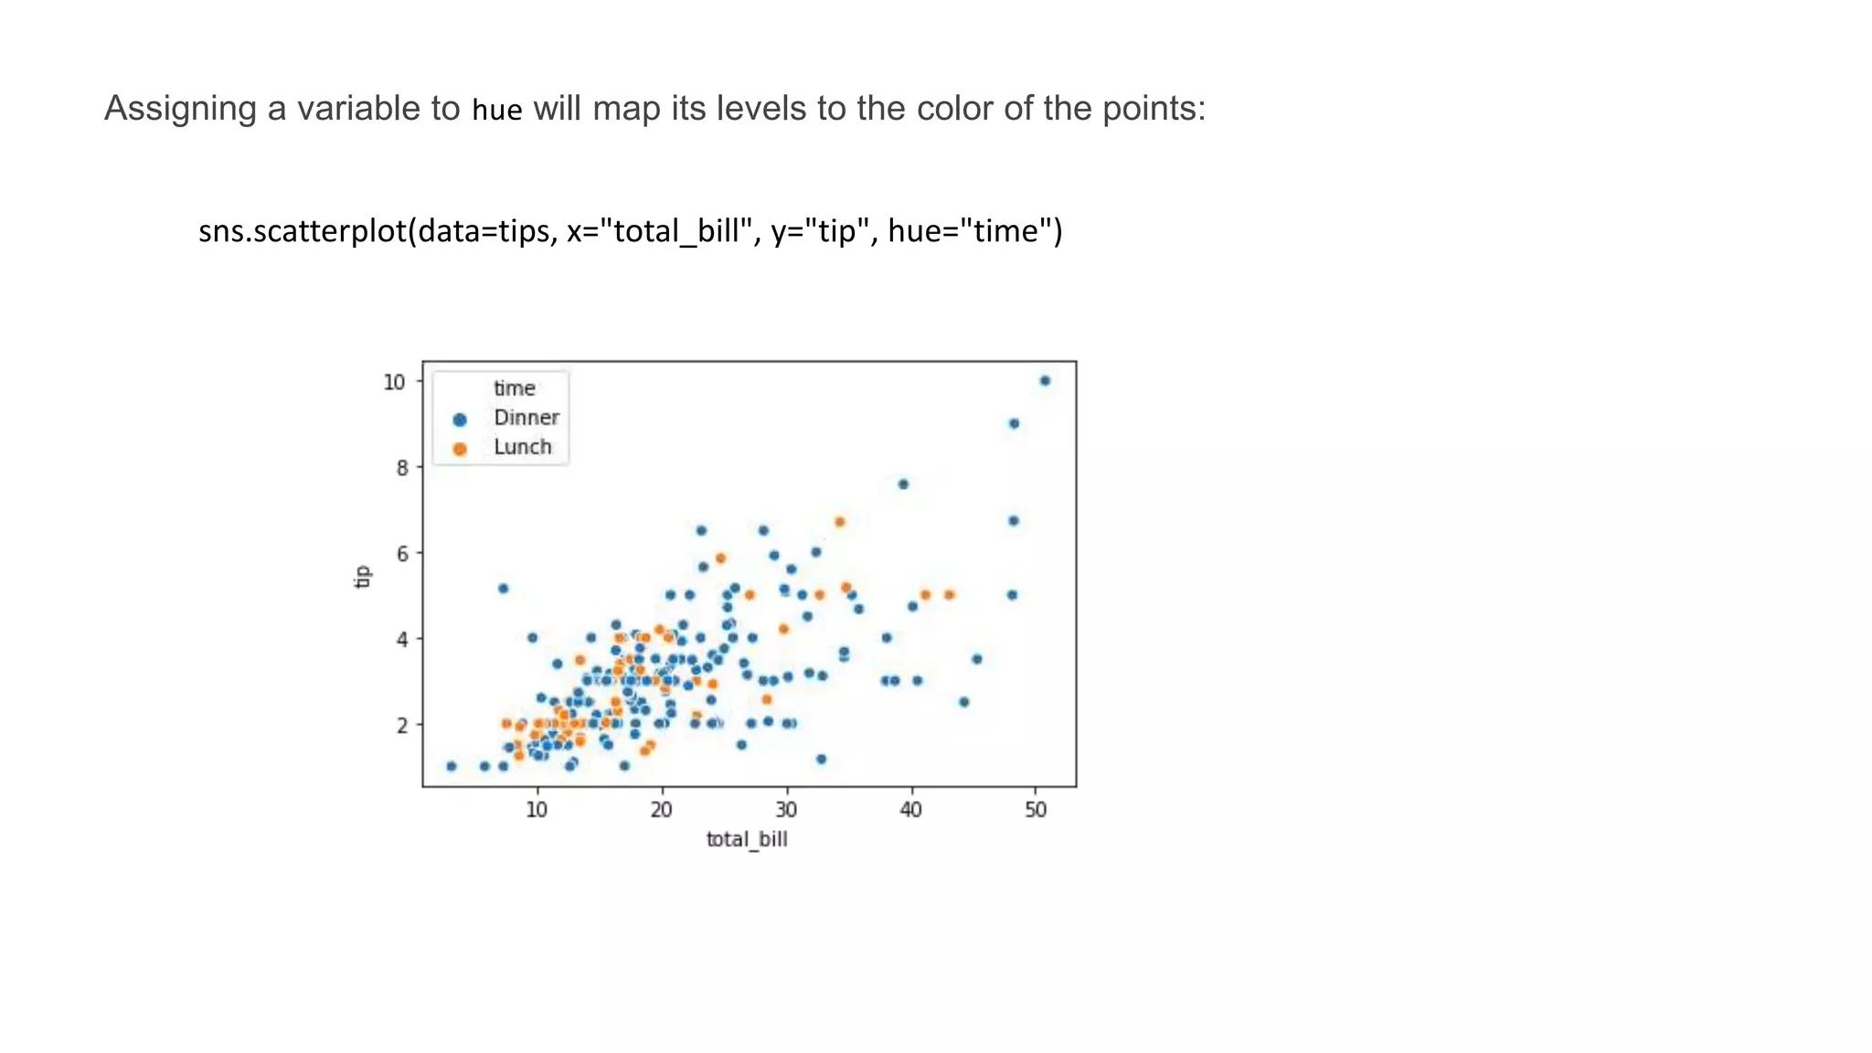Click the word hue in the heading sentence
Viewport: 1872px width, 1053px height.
pyautogui.click(x=496, y=111)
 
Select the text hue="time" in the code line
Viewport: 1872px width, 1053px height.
pyautogui.click(x=974, y=231)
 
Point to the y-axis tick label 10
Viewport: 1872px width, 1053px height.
pyautogui.click(x=394, y=382)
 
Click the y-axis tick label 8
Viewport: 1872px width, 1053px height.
pyautogui.click(x=401, y=468)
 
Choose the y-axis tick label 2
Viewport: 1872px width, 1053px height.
pyautogui.click(x=401, y=726)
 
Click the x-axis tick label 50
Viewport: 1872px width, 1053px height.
pyautogui.click(x=1036, y=810)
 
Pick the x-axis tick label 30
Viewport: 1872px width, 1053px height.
pyautogui.click(x=786, y=810)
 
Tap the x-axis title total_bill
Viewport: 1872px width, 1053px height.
pyautogui.click(x=747, y=839)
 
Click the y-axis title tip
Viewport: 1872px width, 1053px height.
pyautogui.click(x=363, y=577)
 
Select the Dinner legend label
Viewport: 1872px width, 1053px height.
pyautogui.click(x=526, y=418)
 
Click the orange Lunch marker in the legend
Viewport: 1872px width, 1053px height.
pyautogui.click(x=460, y=449)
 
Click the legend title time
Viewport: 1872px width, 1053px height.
pyautogui.click(x=514, y=388)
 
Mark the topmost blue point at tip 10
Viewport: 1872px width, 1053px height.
pyautogui.click(x=1045, y=381)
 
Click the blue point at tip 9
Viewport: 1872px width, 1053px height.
pyautogui.click(x=1014, y=423)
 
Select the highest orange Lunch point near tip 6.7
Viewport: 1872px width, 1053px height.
pyautogui.click(x=839, y=522)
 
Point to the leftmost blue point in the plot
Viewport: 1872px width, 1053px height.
pyautogui.click(x=451, y=766)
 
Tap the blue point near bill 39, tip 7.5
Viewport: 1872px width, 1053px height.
pyautogui.click(x=903, y=484)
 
